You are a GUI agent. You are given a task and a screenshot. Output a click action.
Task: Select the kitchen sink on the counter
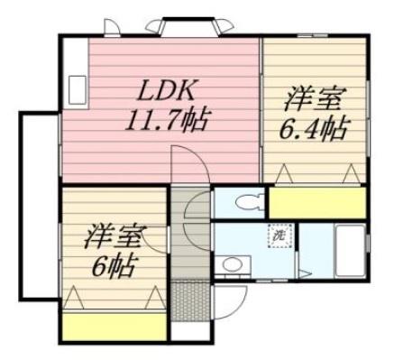click(x=75, y=87)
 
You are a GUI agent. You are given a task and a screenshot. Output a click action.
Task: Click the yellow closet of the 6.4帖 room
click(x=316, y=201)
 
